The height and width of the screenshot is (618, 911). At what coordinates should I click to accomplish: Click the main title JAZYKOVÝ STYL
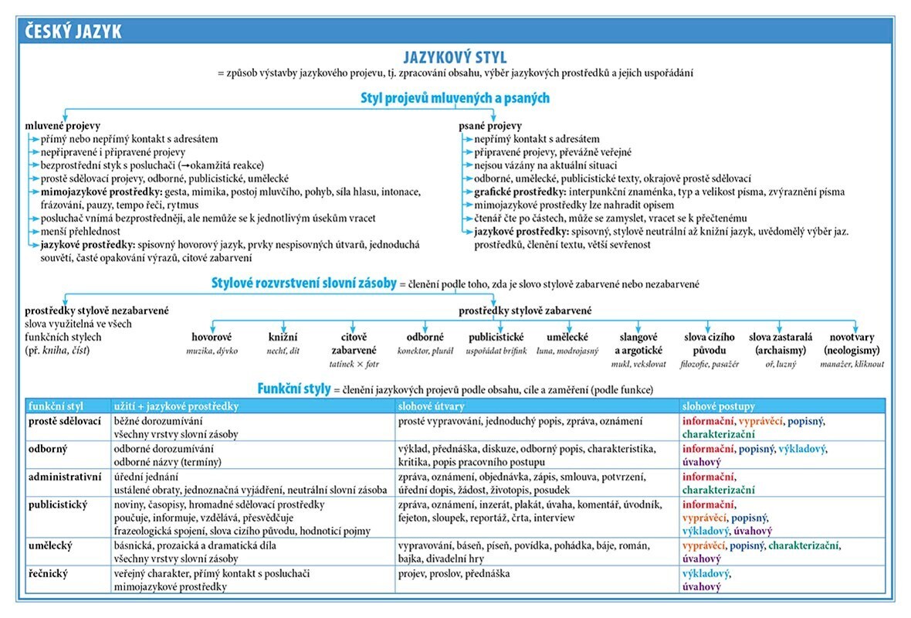[x=455, y=58]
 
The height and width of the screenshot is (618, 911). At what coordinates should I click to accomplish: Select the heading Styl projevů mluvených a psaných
[x=455, y=98]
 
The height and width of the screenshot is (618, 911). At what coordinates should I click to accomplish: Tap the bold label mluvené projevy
[x=63, y=125]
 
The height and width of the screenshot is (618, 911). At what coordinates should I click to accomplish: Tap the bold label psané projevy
[x=489, y=125]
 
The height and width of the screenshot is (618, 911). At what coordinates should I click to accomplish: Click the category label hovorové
[x=212, y=337]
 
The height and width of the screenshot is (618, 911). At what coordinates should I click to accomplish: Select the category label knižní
[x=283, y=337]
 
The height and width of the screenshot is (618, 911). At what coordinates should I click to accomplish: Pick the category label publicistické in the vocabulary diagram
[x=496, y=337]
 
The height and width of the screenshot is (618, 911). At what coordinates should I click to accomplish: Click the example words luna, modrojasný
[x=567, y=351]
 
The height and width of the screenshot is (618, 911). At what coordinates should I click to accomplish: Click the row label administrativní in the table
[x=65, y=477]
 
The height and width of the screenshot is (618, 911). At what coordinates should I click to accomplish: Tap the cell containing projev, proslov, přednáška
[x=455, y=573]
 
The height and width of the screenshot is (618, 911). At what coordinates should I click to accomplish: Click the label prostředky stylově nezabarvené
[x=97, y=311]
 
